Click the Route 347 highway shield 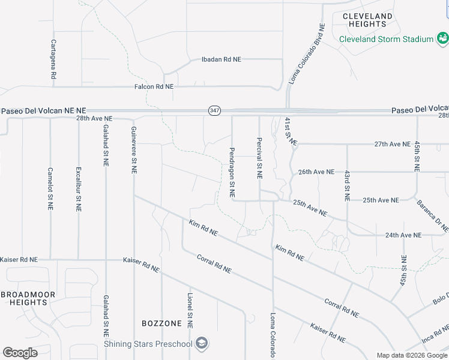click(x=214, y=110)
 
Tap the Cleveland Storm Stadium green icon click(x=443, y=39)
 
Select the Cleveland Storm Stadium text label click(x=386, y=39)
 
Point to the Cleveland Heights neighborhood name click(x=367, y=20)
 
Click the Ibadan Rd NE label click(x=221, y=59)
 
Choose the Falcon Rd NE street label click(x=154, y=86)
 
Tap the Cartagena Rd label click(x=53, y=60)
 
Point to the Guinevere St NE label click(x=133, y=149)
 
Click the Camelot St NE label click(x=50, y=188)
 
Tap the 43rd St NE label click(x=347, y=185)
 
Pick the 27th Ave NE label click(x=392, y=145)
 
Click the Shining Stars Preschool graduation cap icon click(x=202, y=343)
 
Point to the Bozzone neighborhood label click(x=161, y=323)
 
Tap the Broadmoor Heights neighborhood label click(x=28, y=298)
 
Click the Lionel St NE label click(x=190, y=311)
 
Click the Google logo click(x=20, y=353)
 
